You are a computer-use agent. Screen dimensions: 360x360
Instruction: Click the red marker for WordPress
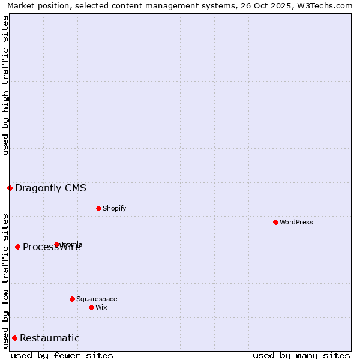pyautogui.click(x=275, y=222)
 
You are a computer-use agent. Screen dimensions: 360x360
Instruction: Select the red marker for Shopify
pyautogui.click(x=98, y=208)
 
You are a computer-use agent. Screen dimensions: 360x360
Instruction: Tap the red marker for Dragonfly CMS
pyautogui.click(x=10, y=188)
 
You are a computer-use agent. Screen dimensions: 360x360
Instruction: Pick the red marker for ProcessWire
pyautogui.click(x=17, y=247)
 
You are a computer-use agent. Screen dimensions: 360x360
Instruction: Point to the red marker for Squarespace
pyautogui.click(x=72, y=299)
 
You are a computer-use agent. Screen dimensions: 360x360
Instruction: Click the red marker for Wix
pyautogui.click(x=91, y=307)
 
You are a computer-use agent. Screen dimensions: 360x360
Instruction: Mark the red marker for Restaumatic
pyautogui.click(x=14, y=338)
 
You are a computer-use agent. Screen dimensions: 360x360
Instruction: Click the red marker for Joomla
pyautogui.click(x=56, y=244)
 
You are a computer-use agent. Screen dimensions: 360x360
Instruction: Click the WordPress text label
pyautogui.click(x=296, y=222)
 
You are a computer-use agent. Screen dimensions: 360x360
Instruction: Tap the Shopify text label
pyautogui.click(x=115, y=208)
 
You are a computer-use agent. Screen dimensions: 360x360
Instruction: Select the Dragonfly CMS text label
pyautogui.click(x=50, y=188)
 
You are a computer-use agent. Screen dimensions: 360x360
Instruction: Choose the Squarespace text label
pyautogui.click(x=97, y=299)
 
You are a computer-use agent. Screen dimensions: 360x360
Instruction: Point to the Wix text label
pyautogui.click(x=101, y=307)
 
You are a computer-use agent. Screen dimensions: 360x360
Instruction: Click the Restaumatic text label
pyautogui.click(x=50, y=338)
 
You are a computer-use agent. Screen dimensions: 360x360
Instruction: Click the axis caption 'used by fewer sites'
pyautogui.click(x=62, y=355)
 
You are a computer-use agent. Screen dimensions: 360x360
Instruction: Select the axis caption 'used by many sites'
pyautogui.click(x=301, y=355)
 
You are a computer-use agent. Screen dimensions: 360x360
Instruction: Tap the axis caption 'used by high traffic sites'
pyautogui.click(x=5, y=85)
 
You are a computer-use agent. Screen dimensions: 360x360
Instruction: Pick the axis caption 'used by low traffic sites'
pyautogui.click(x=5, y=280)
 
